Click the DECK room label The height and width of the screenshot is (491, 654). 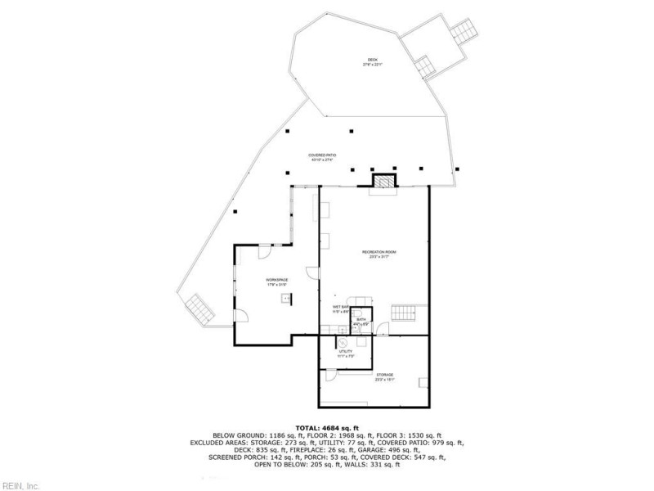373,61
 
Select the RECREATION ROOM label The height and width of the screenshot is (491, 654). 379,255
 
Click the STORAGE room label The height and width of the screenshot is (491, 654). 384,375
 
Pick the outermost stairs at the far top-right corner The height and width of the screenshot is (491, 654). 463,33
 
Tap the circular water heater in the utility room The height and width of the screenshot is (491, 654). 343,344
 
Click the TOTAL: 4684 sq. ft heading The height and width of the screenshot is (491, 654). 327,427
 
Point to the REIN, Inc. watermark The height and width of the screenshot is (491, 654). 20,485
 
